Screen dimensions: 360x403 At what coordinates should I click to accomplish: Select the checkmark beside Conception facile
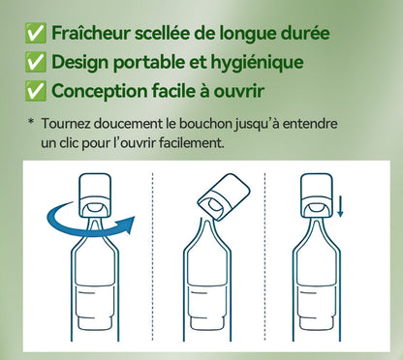pyautogui.click(x=37, y=92)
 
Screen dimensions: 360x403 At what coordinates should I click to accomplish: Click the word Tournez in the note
pyautogui.click(x=68, y=124)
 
